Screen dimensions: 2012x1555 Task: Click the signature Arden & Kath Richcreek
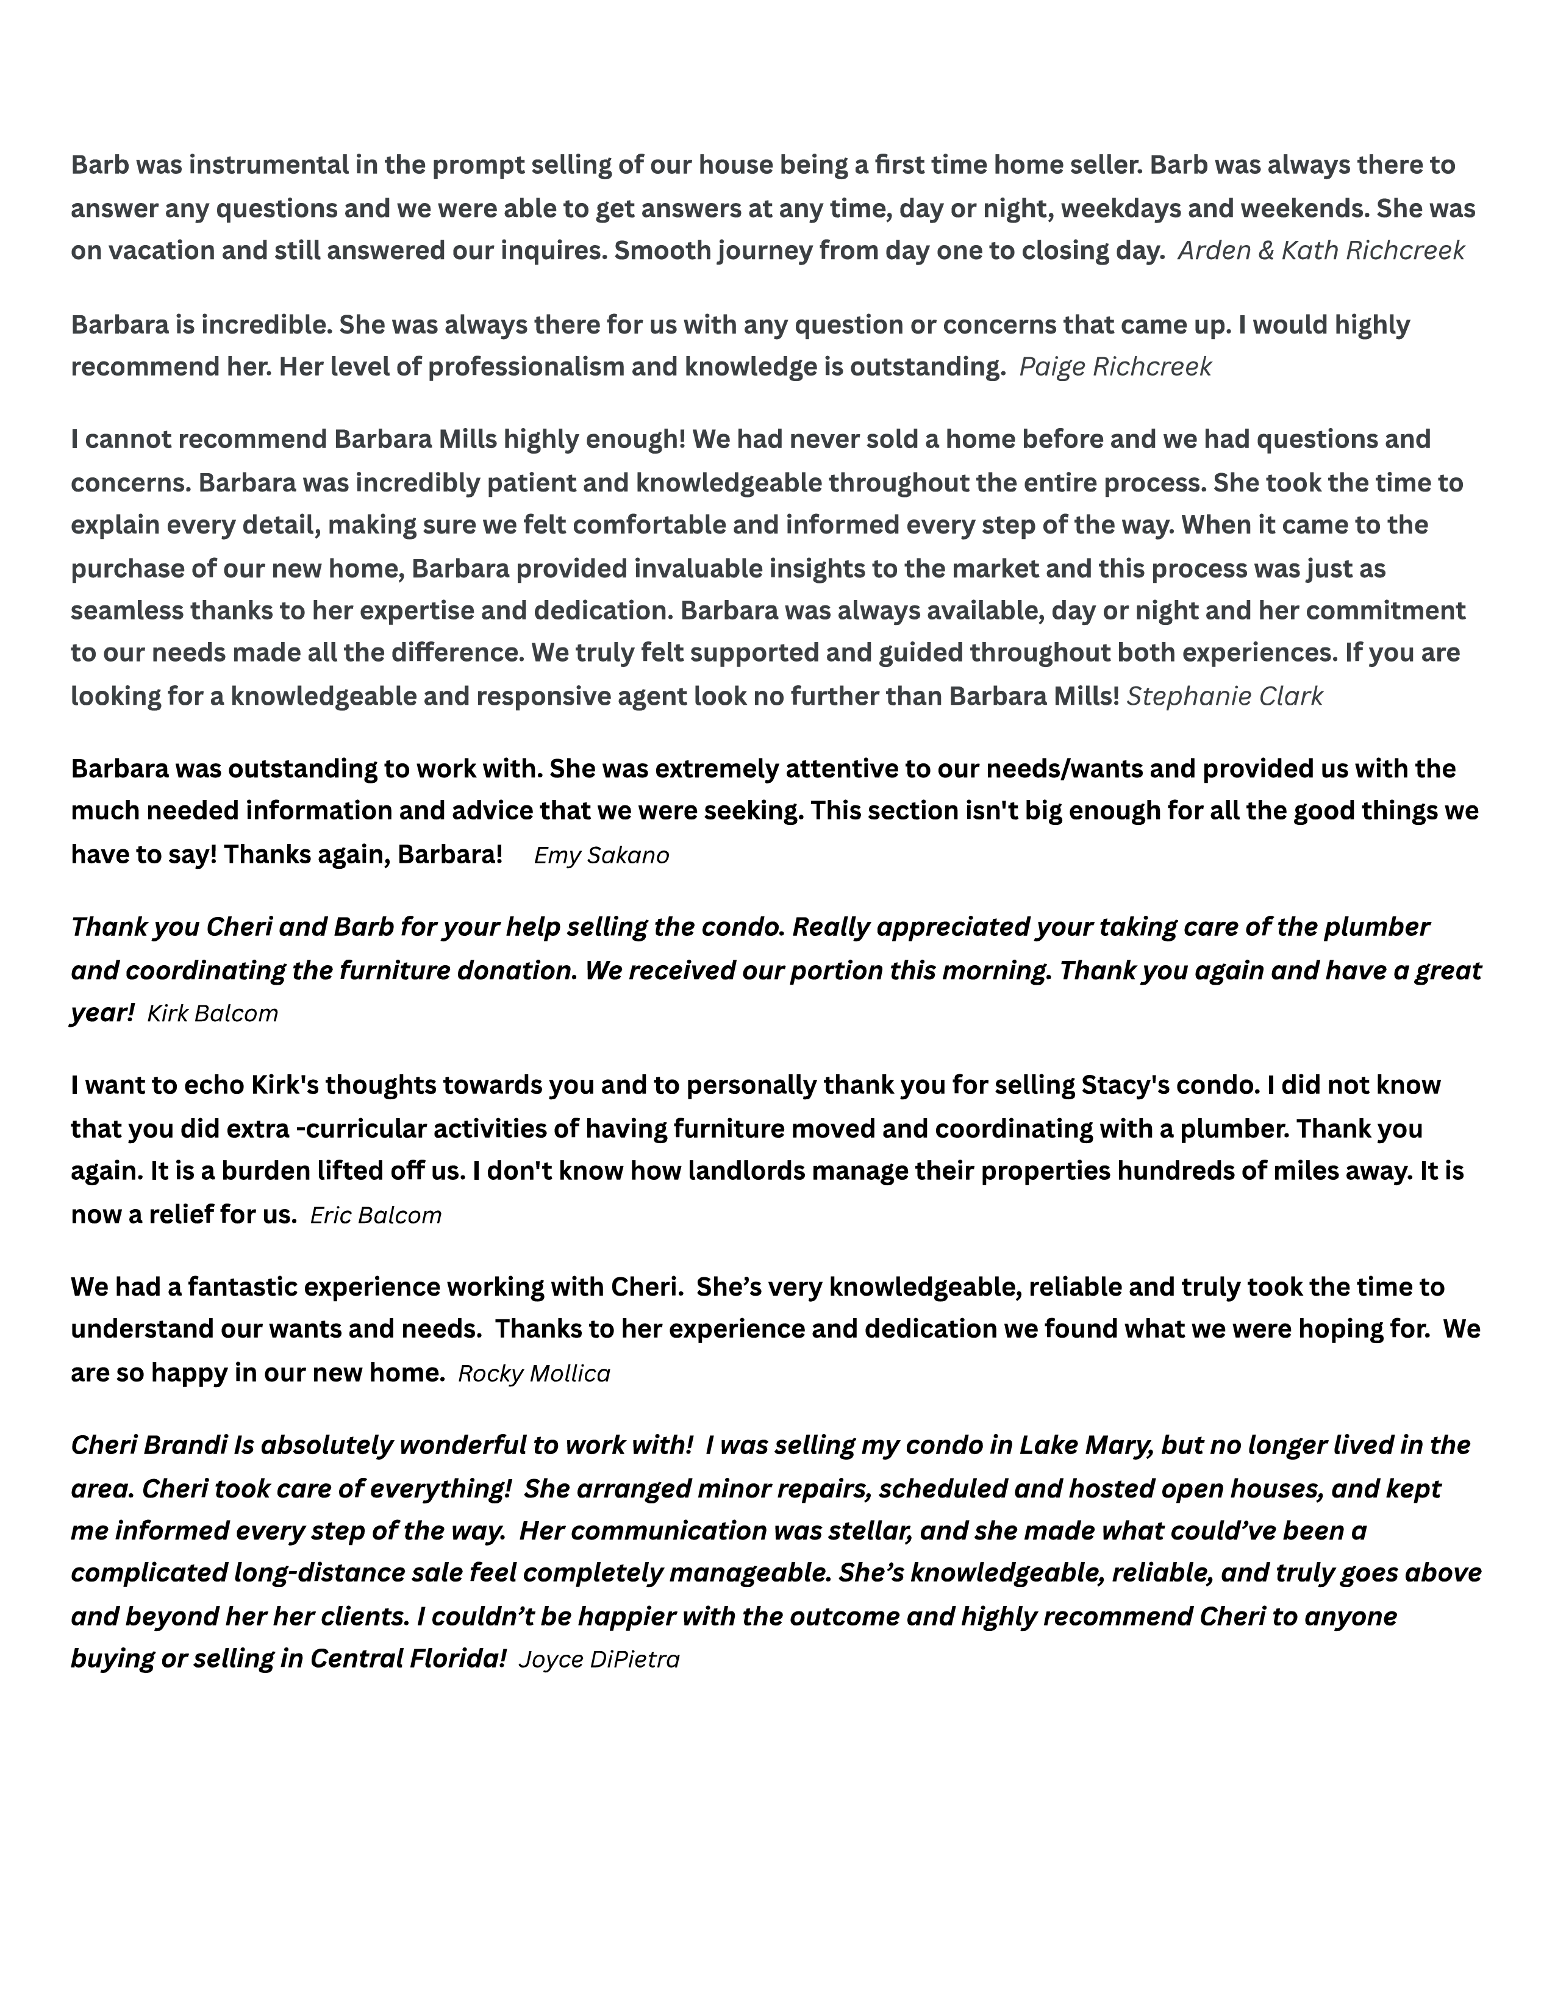[1320, 251]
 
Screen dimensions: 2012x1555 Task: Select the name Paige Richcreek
[1115, 366]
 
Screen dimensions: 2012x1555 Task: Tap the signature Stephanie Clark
[1224, 696]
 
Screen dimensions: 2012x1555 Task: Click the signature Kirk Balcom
[212, 1013]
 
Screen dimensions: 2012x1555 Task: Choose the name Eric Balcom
[376, 1215]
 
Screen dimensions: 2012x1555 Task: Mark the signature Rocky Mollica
[534, 1374]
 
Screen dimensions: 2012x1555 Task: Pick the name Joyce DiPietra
[599, 1659]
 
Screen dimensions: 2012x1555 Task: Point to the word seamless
[127, 611]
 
